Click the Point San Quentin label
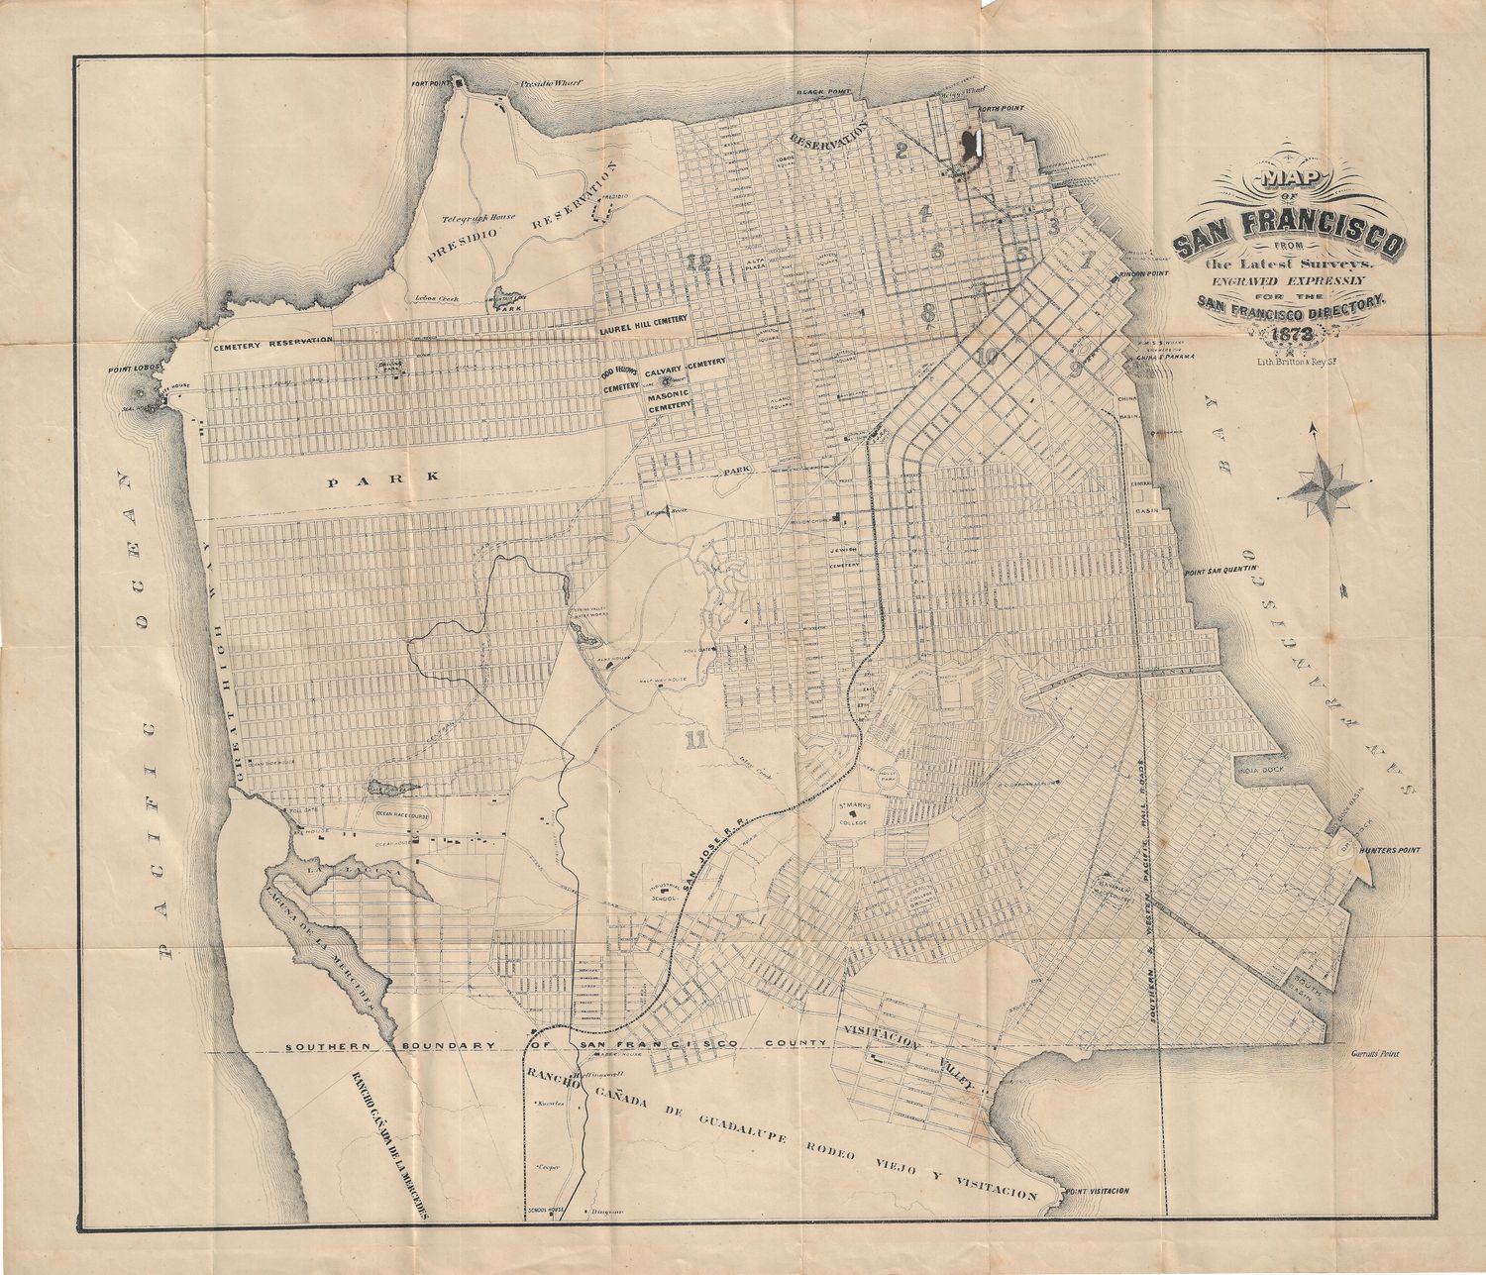[1221, 571]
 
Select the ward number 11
[695, 737]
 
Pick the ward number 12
[698, 262]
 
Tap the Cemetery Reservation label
[270, 341]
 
